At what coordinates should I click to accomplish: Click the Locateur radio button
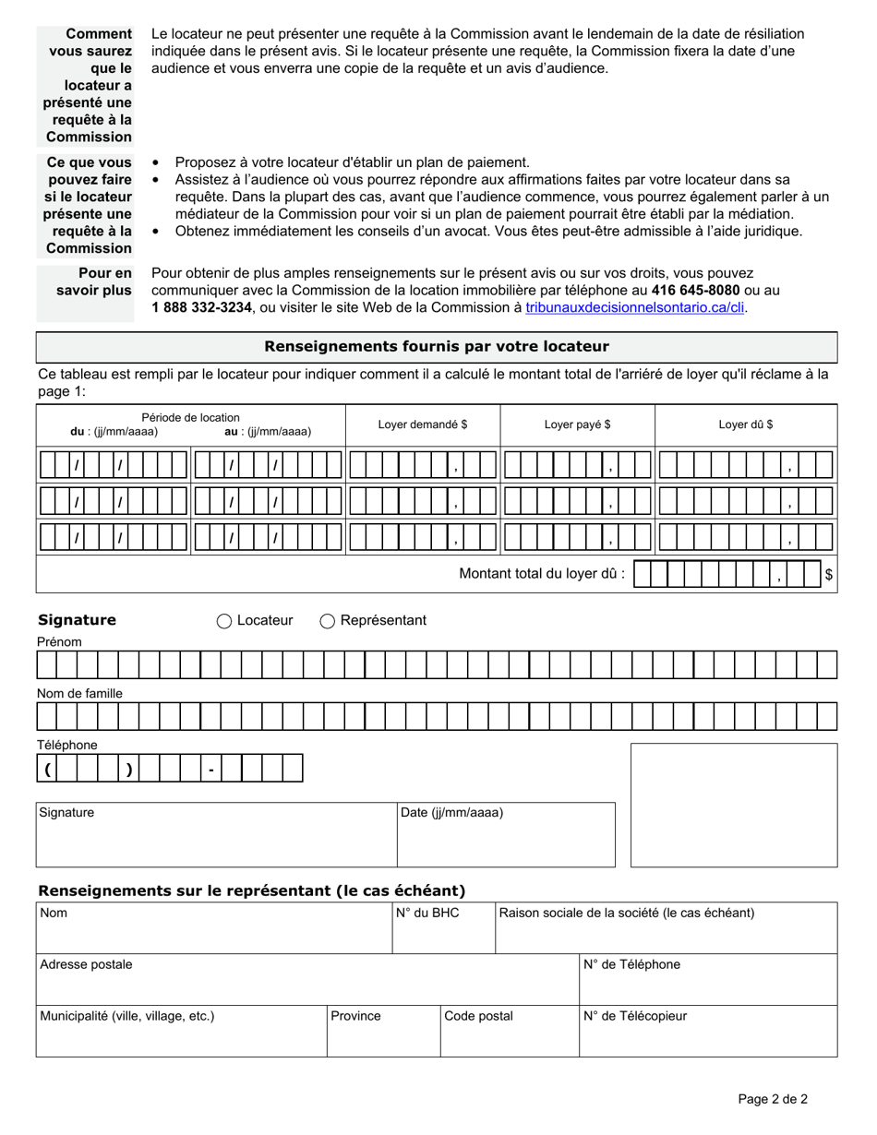(x=224, y=621)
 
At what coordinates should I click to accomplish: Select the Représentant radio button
(x=328, y=621)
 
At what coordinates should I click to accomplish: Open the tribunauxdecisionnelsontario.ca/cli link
(x=635, y=308)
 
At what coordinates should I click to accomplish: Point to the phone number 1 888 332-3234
(x=201, y=308)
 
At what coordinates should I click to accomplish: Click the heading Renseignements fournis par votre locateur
(x=437, y=347)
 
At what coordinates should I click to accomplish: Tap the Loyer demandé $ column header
(x=423, y=424)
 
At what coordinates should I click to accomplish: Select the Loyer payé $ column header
(x=577, y=424)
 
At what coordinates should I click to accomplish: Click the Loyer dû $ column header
(x=746, y=424)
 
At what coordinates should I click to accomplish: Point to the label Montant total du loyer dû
(x=542, y=574)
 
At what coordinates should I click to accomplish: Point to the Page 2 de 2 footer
(x=773, y=1099)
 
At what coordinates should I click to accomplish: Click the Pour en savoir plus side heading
(x=93, y=282)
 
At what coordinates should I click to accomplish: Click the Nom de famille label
(x=79, y=693)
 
